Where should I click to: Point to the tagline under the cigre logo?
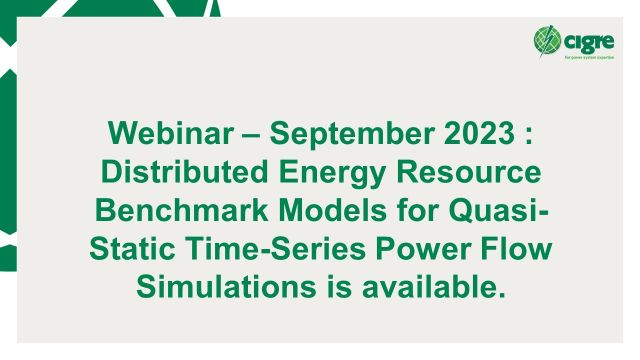(584, 57)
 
